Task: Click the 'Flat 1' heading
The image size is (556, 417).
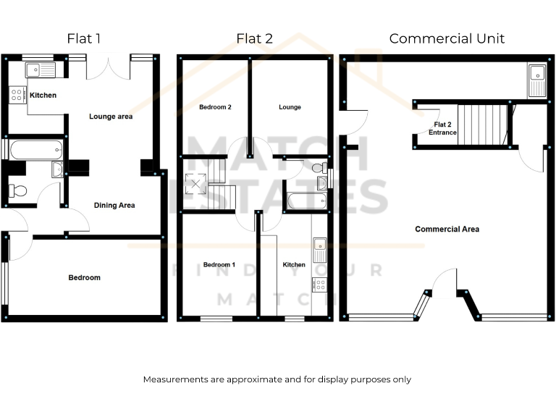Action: [84, 38]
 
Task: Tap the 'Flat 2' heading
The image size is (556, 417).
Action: [254, 38]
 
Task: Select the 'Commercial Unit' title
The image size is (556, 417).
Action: [447, 38]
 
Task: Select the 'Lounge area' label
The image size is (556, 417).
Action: [111, 116]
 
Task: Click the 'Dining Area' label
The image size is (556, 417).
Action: [114, 206]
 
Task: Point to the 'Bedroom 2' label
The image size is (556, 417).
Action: [215, 107]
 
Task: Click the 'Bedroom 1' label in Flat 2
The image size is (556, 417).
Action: [219, 265]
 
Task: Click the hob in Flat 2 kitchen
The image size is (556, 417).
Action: [319, 285]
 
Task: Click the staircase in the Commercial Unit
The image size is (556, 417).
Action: [480, 125]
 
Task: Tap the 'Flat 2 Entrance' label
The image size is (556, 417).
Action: [442, 128]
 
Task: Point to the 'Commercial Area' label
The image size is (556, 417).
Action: [447, 229]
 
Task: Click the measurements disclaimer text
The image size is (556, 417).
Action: [277, 379]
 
